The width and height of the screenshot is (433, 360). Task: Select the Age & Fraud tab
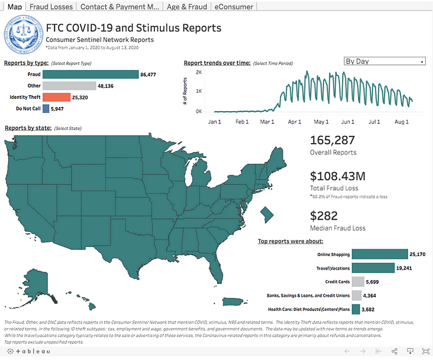(x=188, y=7)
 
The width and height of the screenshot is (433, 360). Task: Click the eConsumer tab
(x=234, y=7)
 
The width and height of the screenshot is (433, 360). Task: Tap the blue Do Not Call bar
(x=46, y=109)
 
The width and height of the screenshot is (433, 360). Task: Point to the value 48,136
(x=106, y=86)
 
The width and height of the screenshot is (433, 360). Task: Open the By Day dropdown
(x=384, y=61)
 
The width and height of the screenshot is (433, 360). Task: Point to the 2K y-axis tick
(x=199, y=72)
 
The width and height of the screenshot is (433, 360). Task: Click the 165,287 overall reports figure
(x=332, y=141)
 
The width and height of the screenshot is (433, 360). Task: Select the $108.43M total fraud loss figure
(x=338, y=176)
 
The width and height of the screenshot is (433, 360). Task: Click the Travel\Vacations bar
(x=373, y=268)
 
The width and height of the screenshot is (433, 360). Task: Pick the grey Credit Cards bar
(x=358, y=282)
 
